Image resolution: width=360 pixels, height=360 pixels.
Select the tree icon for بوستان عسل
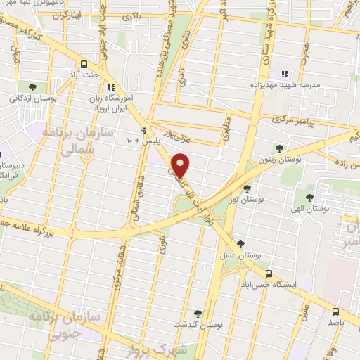coord(241,244)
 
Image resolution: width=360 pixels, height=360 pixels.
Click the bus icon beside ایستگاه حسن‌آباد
coord(269,274)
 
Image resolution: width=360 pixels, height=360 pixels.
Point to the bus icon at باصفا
coord(335,310)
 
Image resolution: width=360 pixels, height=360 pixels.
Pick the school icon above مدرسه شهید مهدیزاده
coord(285,73)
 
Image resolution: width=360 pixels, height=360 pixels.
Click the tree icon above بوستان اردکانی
coord(32,86)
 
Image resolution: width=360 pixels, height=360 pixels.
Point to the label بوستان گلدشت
coord(193,326)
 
